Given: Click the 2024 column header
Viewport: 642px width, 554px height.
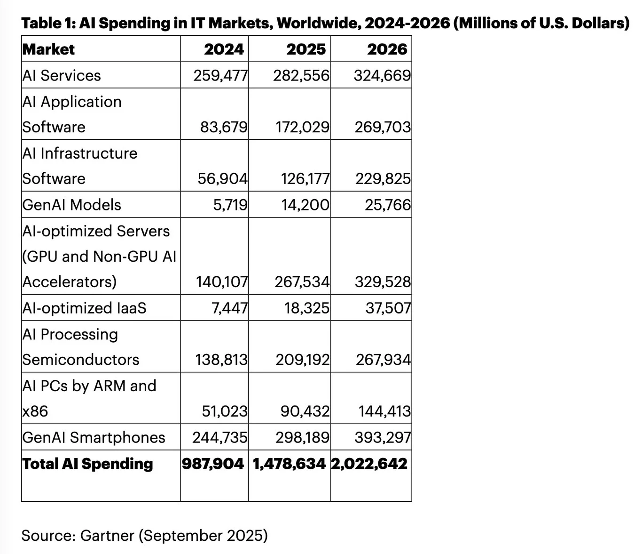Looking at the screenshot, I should coord(224,49).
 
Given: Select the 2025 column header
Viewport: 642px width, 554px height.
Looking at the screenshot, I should coord(306,49).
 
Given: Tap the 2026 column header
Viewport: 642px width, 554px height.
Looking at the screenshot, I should coord(387,49).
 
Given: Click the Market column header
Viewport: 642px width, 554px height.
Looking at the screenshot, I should coord(49,49).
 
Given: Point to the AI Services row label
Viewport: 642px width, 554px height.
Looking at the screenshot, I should coord(62,75).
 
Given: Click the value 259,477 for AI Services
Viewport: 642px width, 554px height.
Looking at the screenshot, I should coord(220,75).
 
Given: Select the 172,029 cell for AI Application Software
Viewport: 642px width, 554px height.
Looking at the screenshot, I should coord(302,127).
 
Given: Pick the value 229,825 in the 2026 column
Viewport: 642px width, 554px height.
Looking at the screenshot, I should coord(383,179).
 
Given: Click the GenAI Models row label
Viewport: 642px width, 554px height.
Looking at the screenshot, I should coord(72,205).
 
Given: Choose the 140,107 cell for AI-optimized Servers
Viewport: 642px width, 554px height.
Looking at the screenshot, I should coord(221,282).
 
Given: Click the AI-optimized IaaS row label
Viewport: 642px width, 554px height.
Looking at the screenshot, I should coord(85,308).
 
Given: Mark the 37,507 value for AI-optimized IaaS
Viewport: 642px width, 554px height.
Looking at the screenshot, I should coord(388,308).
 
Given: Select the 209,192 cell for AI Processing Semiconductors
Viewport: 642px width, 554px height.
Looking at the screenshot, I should coord(302,360).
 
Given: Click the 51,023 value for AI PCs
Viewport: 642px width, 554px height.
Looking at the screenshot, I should coord(225,411).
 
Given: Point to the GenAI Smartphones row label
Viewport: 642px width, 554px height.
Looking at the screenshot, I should coord(94,437).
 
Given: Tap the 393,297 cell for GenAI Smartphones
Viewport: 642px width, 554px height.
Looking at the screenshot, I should coord(383,437).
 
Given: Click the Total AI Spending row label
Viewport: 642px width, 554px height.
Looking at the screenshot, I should coord(88,464).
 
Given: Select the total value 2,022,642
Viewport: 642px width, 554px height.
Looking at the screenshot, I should coord(369,464).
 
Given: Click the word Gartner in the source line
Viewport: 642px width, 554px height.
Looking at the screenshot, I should coord(107,536).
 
